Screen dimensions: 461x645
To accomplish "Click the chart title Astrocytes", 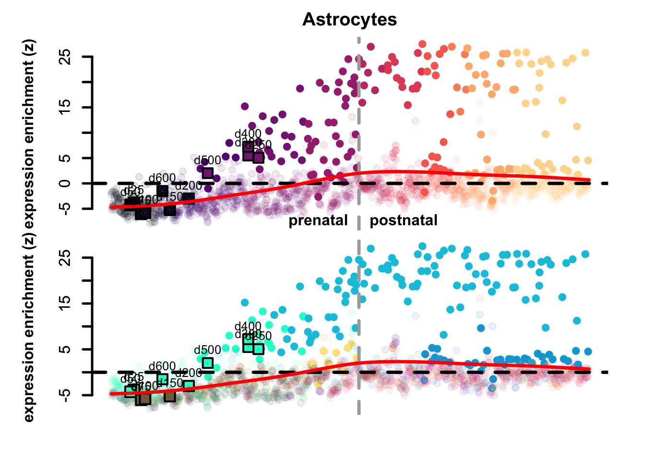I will [x=349, y=20].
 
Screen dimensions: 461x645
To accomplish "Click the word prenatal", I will [x=318, y=220].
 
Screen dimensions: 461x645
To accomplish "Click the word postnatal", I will [x=404, y=220].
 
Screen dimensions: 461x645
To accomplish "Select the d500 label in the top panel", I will [x=207, y=160].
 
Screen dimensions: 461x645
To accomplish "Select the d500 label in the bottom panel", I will [x=207, y=350].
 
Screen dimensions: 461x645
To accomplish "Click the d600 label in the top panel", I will [x=162, y=179].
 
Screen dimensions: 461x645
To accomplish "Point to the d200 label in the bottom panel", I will [x=188, y=373].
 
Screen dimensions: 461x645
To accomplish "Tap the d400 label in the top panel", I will [x=248, y=134].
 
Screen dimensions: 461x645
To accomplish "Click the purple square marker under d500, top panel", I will [x=207, y=173].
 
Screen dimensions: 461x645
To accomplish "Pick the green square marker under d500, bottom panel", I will [x=207, y=363].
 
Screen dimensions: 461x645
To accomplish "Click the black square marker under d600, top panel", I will [x=162, y=191].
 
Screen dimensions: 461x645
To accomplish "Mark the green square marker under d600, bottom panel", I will [x=162, y=379].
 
